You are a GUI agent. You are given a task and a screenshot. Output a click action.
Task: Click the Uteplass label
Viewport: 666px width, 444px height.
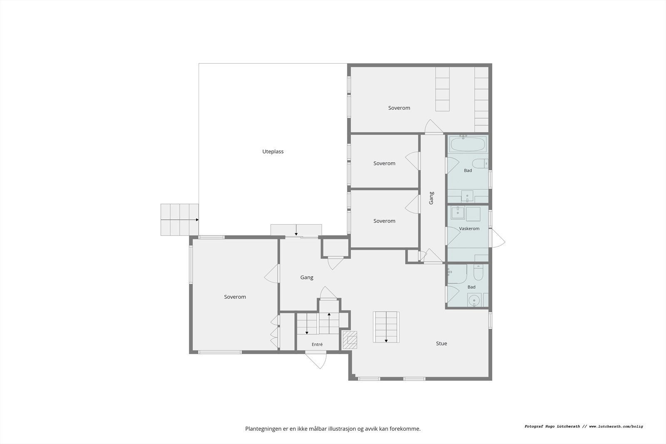[273, 151]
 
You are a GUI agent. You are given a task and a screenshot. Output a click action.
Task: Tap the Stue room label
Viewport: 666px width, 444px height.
[441, 343]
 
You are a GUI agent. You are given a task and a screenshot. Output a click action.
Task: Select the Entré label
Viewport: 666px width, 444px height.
[317, 344]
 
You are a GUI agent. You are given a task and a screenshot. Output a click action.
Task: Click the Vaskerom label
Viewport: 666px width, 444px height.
[469, 228]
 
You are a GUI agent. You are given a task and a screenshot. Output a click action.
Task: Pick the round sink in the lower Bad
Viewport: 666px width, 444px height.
[474, 300]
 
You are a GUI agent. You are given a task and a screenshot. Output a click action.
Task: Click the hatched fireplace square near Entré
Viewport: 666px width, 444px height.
[350, 340]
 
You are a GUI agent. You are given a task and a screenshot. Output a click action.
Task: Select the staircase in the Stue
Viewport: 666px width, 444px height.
[386, 327]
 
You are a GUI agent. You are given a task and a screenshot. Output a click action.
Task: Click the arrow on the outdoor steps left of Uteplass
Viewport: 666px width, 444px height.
[179, 220]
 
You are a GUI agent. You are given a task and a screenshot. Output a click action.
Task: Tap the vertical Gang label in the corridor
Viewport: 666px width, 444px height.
[431, 198]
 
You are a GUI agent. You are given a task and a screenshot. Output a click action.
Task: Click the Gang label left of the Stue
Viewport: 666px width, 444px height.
[306, 278]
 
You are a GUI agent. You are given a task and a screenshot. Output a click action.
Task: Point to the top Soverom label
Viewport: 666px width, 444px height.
[399, 108]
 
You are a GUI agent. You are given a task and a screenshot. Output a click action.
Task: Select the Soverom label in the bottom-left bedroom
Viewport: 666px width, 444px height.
[235, 297]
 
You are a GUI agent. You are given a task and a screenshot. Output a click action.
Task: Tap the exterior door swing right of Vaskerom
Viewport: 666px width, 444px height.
[498, 238]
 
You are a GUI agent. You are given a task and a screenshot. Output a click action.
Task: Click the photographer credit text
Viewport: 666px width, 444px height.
[584, 427]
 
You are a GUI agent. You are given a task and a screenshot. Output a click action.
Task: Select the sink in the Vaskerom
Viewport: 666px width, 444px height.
[457, 213]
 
